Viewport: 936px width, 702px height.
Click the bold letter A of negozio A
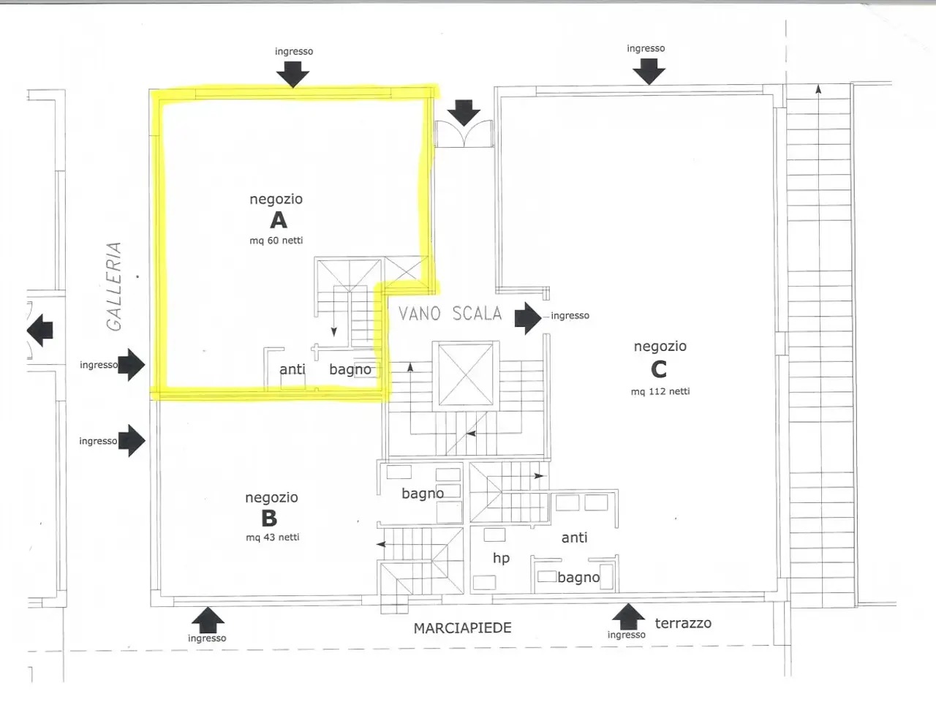click(279, 220)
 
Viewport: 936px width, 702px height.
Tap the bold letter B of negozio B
click(269, 518)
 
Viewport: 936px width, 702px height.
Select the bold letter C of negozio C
click(658, 369)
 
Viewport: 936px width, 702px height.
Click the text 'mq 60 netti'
click(276, 241)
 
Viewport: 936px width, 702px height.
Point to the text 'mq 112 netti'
click(660, 391)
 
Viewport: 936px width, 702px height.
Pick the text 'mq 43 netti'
click(273, 537)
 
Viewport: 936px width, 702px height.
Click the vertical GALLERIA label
click(114, 287)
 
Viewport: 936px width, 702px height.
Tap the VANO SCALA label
click(450, 314)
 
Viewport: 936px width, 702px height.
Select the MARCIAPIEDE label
click(462, 628)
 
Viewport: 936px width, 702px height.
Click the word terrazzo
click(683, 623)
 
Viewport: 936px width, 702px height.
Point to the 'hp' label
click(501, 558)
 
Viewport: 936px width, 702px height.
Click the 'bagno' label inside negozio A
click(350, 369)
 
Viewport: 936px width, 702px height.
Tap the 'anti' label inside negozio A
click(292, 369)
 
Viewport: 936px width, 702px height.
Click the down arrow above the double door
click(464, 113)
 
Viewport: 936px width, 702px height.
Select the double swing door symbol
click(464, 134)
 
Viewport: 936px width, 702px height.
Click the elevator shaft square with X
click(465, 375)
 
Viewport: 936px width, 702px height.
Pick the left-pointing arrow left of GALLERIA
click(40, 330)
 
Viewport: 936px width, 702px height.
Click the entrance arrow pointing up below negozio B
click(208, 620)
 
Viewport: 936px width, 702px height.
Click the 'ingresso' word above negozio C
click(646, 48)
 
